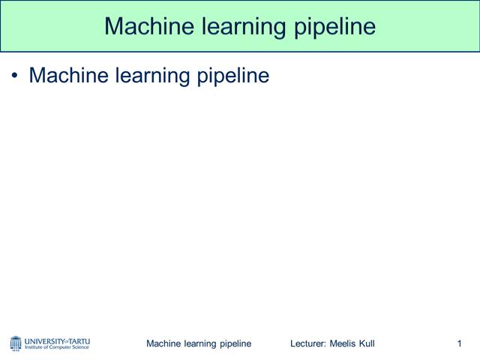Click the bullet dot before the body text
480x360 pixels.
tap(14, 76)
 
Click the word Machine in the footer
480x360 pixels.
tap(163, 343)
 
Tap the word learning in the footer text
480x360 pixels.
tap(201, 343)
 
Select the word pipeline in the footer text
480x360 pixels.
tap(235, 343)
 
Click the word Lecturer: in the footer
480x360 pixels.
tap(308, 343)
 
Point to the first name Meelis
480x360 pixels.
tap(344, 343)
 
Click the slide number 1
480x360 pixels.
tap(458, 343)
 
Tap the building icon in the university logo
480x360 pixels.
tap(16, 343)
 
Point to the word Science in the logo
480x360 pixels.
tap(80, 347)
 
